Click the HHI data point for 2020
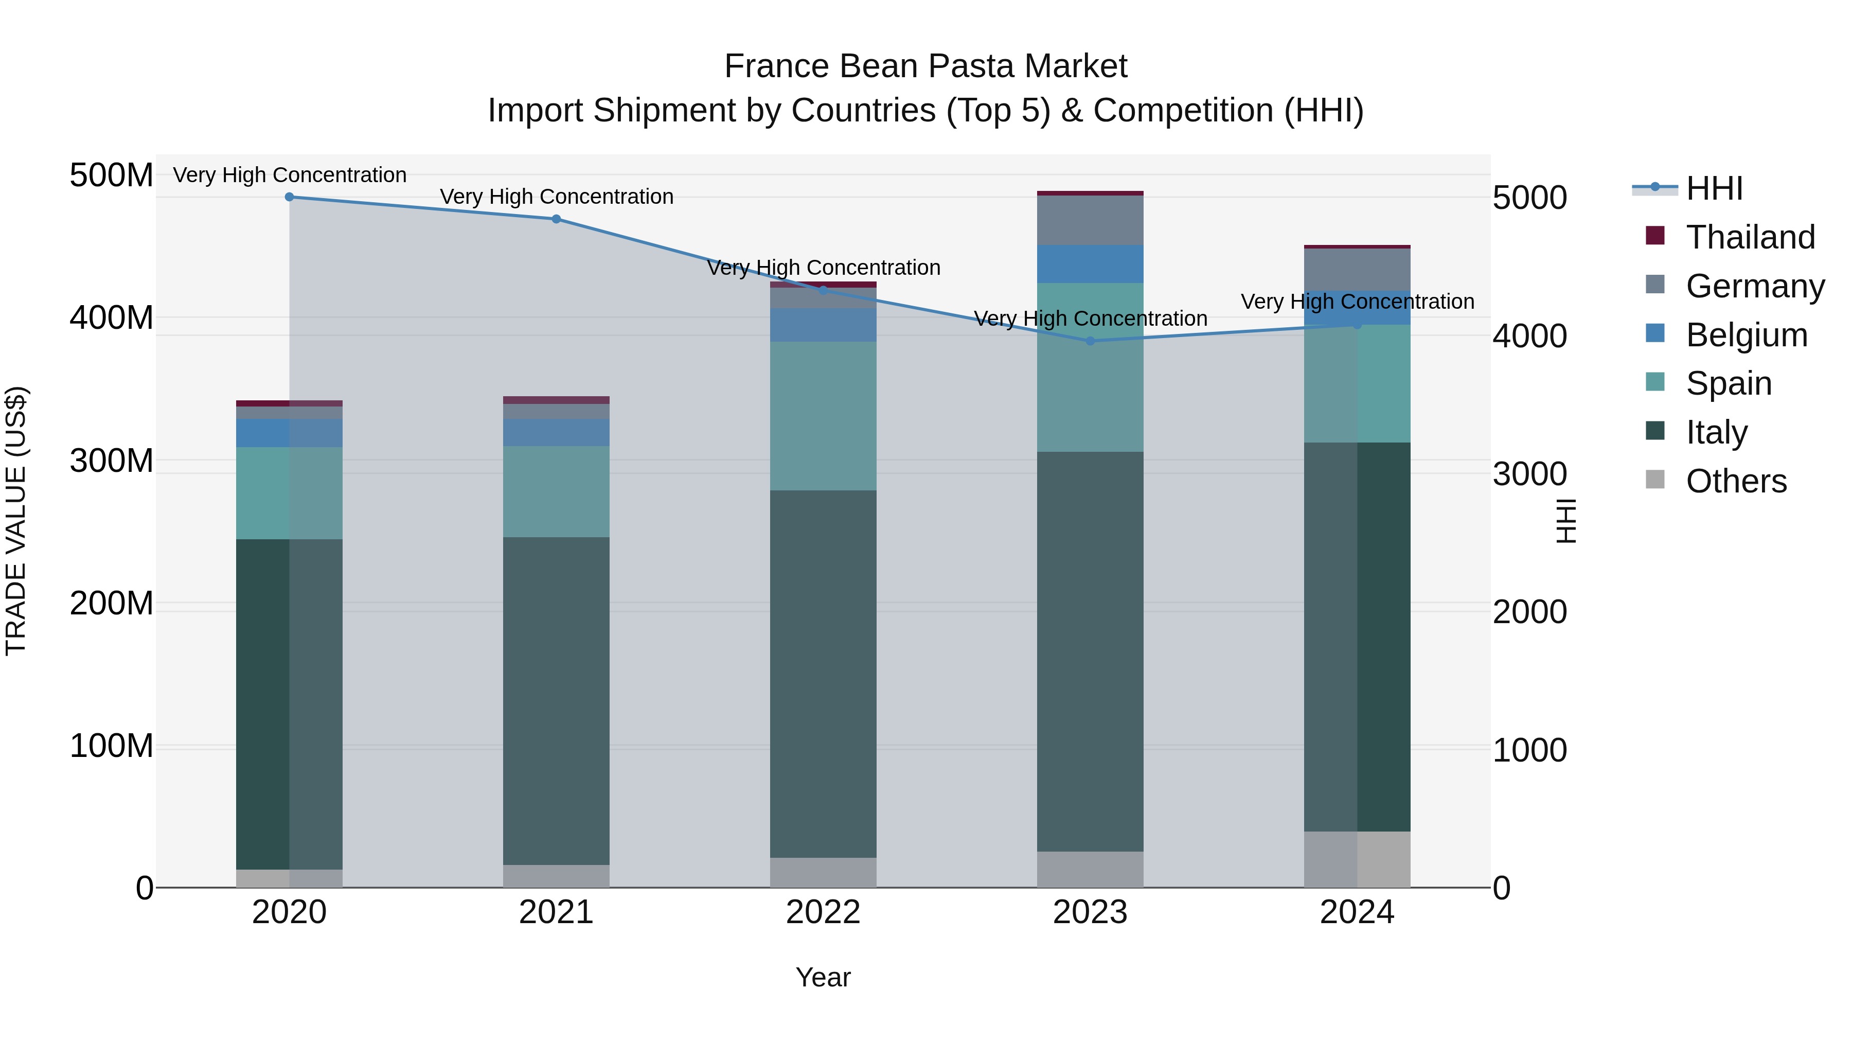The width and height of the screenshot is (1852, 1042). (x=289, y=197)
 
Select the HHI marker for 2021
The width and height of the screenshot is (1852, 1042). (x=557, y=219)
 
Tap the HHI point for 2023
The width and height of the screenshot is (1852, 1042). (x=1090, y=341)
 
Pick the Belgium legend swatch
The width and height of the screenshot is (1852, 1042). (x=1655, y=333)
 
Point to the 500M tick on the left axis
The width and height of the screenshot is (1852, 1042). (x=112, y=175)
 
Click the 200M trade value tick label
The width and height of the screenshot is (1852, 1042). (x=112, y=604)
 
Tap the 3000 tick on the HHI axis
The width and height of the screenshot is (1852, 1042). (x=1530, y=474)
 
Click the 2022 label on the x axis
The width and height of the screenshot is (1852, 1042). (x=823, y=912)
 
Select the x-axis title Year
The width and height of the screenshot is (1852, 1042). (x=823, y=977)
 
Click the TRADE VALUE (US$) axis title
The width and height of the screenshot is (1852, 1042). (x=16, y=521)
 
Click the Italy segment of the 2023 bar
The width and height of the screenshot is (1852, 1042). (x=1090, y=651)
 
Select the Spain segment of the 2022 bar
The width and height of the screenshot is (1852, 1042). (x=823, y=416)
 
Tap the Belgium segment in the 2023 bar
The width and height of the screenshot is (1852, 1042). (x=1090, y=264)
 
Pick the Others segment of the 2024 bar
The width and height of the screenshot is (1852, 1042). (x=1358, y=859)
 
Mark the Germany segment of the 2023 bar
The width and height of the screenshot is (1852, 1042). (x=1090, y=220)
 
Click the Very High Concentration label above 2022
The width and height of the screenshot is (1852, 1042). (x=823, y=268)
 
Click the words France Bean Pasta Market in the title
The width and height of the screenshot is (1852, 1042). (x=925, y=66)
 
